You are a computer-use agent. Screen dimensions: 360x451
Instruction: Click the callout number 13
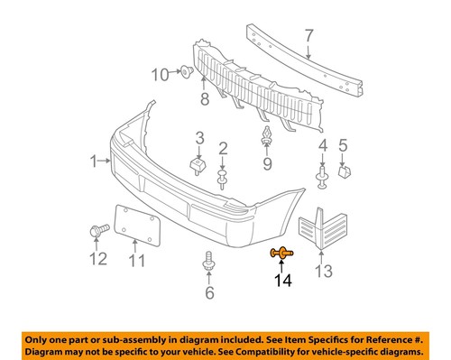coord(324,271)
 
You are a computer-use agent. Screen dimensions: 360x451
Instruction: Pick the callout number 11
coord(137,262)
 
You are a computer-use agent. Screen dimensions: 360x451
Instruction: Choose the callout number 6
coord(210,292)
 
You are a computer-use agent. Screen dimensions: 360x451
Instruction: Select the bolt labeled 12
coord(97,233)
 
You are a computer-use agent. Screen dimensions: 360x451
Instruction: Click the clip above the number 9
coord(267,139)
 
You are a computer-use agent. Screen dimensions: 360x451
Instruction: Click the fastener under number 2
coord(222,180)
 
